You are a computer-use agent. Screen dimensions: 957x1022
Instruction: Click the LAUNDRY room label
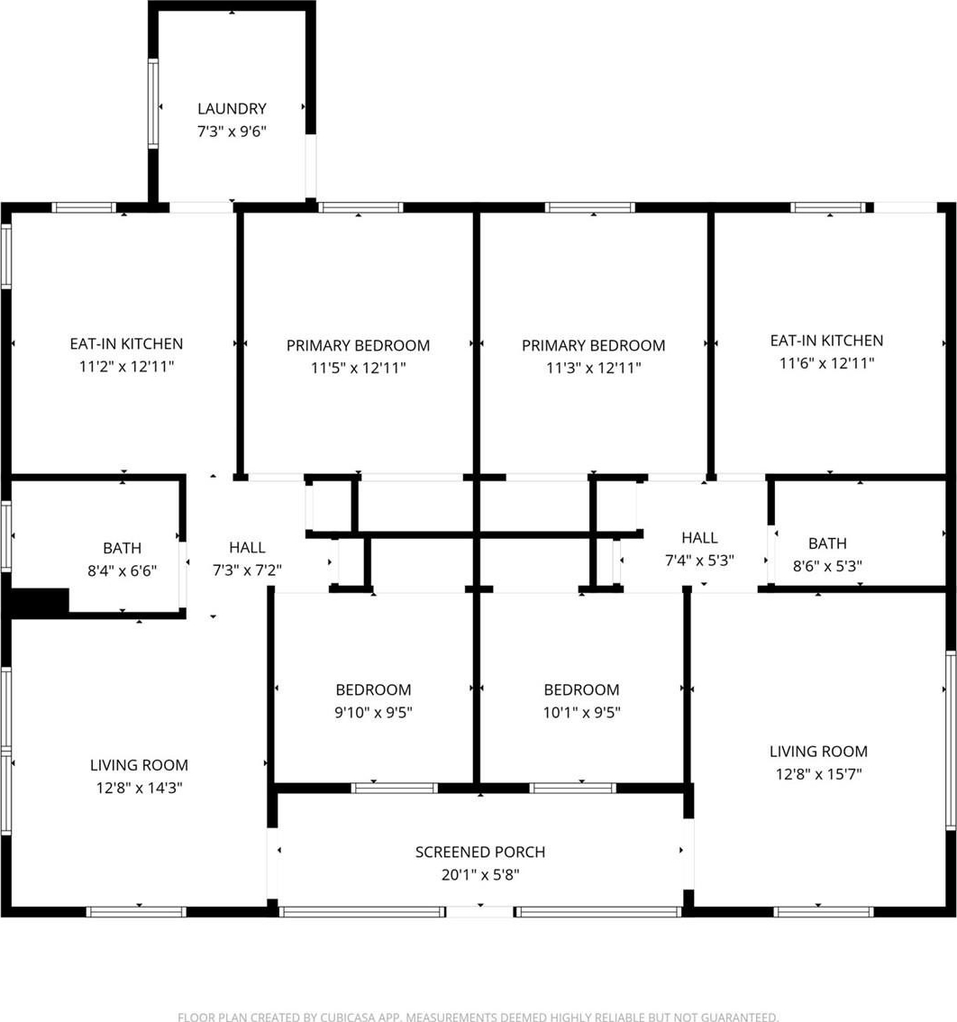232,108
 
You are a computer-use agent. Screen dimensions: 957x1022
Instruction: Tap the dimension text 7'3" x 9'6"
232,131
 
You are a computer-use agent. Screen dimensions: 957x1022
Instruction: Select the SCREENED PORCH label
479,852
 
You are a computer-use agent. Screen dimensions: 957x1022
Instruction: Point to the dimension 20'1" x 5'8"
479,875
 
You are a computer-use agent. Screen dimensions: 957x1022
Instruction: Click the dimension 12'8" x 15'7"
818,774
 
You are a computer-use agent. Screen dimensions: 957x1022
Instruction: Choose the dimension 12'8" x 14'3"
139,788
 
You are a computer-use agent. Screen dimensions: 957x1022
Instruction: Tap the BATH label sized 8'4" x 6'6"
122,548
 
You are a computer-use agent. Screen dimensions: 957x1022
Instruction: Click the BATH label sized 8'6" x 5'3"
827,543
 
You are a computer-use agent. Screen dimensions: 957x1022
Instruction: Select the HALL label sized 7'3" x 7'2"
247,548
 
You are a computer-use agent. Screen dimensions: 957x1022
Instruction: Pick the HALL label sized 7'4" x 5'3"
699,538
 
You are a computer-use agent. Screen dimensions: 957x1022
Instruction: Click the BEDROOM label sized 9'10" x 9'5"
373,689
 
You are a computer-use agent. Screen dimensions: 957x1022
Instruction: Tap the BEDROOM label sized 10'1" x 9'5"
581,689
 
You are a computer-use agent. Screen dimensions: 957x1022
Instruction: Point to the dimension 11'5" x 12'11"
358,369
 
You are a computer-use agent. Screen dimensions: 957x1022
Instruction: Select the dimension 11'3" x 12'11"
593,369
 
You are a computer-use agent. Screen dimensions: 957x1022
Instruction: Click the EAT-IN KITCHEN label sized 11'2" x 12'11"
126,343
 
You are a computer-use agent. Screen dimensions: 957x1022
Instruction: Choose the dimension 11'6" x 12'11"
826,364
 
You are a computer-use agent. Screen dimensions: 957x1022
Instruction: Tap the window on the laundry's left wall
153,104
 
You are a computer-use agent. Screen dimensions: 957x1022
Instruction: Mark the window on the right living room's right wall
951,741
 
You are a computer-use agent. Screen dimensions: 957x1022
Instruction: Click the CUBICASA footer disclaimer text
478,1016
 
